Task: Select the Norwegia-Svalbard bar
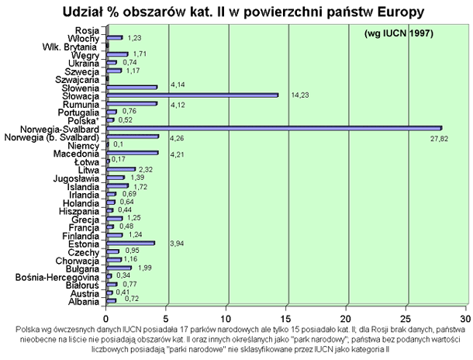(273, 128)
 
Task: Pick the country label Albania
(84, 299)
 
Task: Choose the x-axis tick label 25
(406, 317)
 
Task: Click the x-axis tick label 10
(226, 317)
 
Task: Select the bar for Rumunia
(132, 103)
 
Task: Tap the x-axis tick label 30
(465, 317)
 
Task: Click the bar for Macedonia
(132, 153)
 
